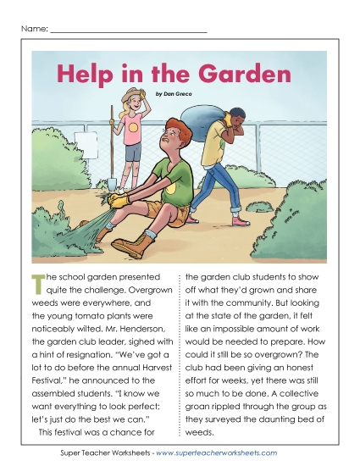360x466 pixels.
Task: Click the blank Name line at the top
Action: (x=128, y=31)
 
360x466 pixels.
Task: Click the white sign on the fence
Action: (x=86, y=138)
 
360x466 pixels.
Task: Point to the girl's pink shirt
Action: (x=132, y=126)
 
